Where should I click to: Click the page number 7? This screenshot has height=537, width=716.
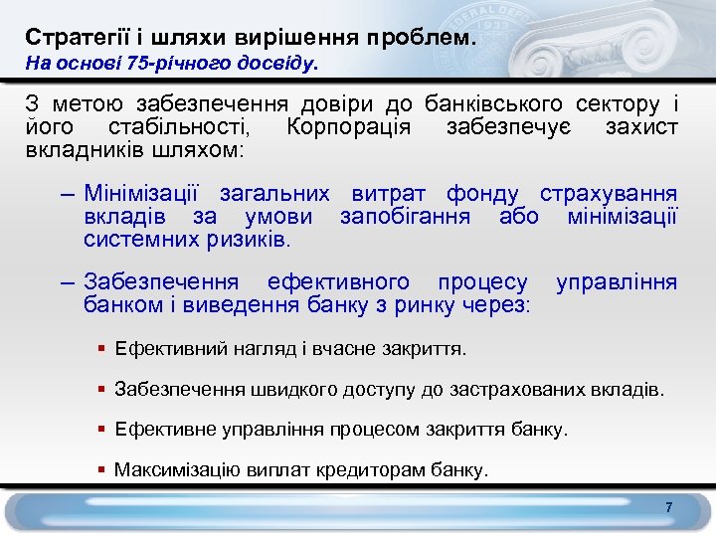pos(669,508)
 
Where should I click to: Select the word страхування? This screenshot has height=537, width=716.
pos(622,193)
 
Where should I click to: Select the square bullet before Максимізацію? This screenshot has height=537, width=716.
pos(102,468)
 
